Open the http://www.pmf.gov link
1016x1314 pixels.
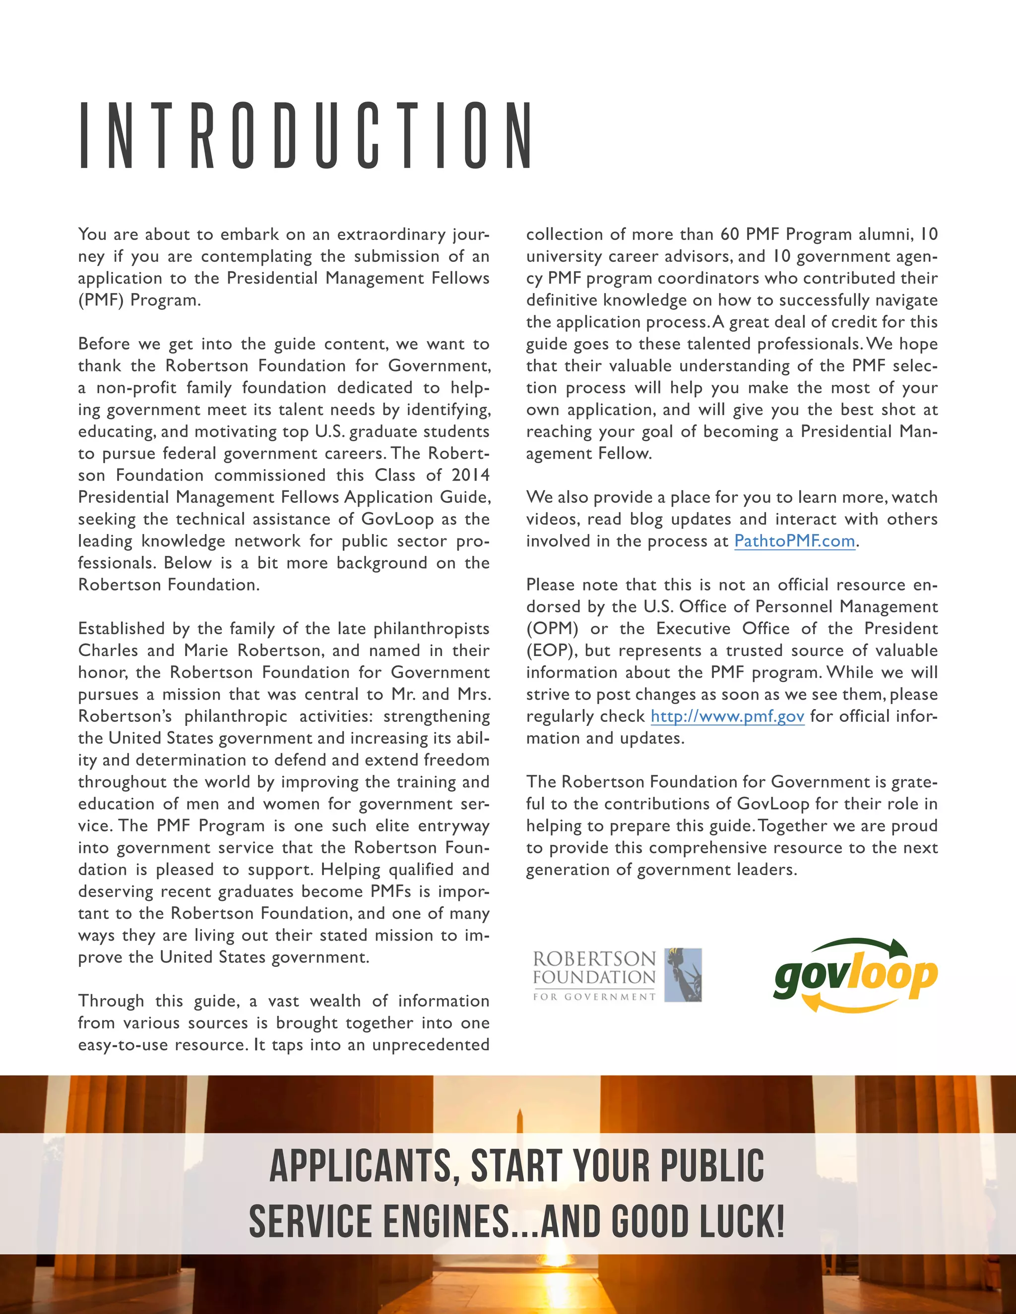pos(727,716)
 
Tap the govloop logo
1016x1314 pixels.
pos(855,975)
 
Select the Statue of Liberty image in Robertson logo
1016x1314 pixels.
pos(683,975)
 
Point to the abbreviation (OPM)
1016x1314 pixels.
pos(552,629)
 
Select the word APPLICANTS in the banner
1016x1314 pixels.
pos(361,1165)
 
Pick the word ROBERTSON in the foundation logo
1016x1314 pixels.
pos(593,958)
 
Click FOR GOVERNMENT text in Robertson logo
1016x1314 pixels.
pos(593,997)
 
